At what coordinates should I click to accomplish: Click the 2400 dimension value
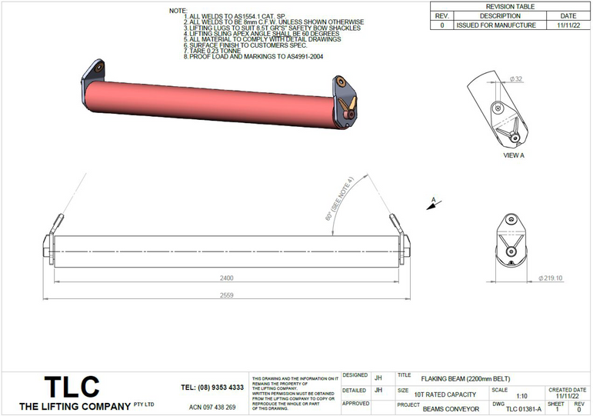tap(226, 278)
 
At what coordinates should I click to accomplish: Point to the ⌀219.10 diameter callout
tap(551, 278)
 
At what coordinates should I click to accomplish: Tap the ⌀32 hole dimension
tap(516, 79)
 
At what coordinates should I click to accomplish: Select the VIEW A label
tap(513, 155)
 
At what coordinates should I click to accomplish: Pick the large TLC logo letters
tap(71, 386)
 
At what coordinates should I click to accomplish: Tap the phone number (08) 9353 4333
tap(212, 388)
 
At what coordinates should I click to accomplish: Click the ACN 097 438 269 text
tap(212, 407)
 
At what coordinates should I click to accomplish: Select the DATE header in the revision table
tap(568, 15)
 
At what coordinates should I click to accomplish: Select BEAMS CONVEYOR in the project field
tap(450, 409)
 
